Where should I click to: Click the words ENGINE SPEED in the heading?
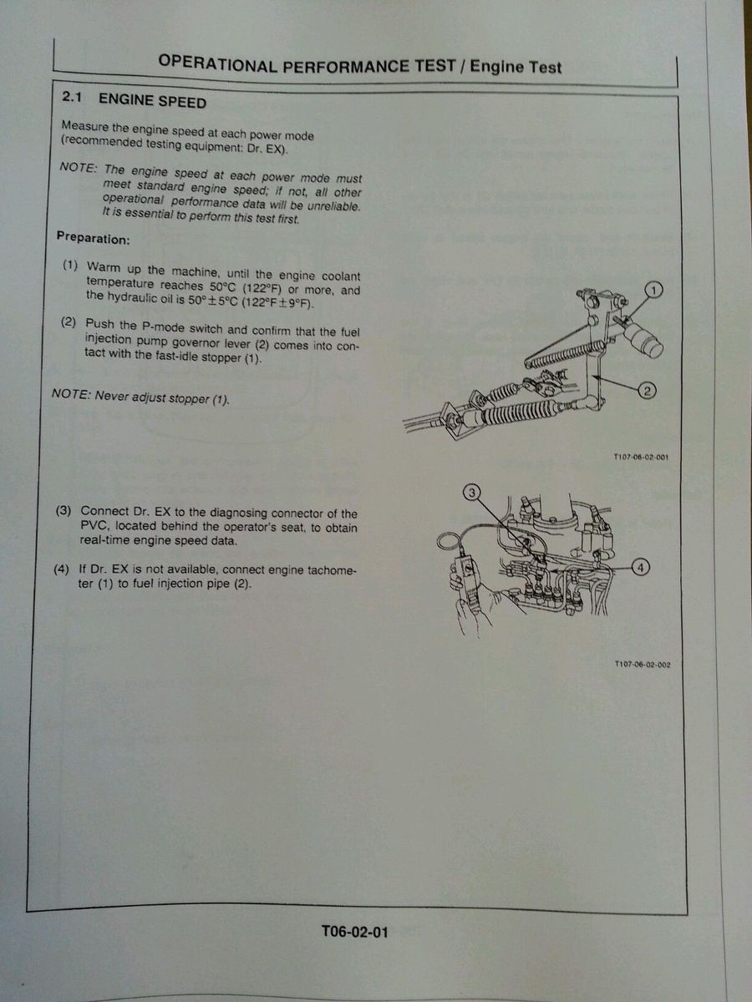[x=152, y=100]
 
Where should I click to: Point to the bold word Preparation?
[x=93, y=237]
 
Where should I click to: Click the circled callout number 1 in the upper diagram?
[x=653, y=290]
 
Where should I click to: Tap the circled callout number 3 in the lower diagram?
[x=473, y=492]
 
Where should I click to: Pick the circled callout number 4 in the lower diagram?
[x=641, y=567]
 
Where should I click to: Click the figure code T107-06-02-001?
[x=641, y=457]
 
